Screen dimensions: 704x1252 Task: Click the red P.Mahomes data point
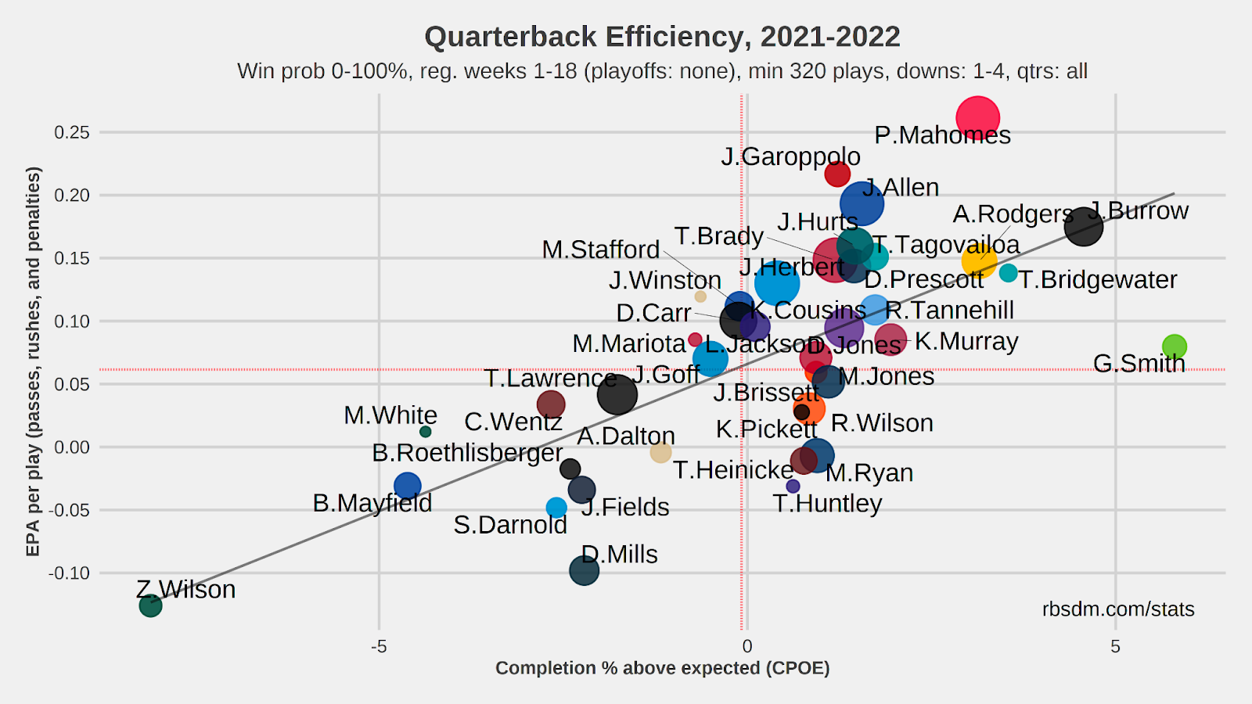[x=977, y=118]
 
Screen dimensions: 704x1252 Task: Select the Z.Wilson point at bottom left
[x=150, y=605]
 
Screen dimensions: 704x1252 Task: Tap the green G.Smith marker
[x=1174, y=346]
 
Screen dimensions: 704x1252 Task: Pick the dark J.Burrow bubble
[x=1084, y=227]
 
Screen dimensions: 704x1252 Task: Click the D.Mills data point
[x=584, y=569]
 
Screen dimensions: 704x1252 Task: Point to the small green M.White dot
[x=426, y=432]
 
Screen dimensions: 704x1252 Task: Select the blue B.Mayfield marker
[x=407, y=486]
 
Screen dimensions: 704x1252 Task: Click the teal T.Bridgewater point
[x=1008, y=273]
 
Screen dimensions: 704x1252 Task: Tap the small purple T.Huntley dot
[x=793, y=486]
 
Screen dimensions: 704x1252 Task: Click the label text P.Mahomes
[x=942, y=135]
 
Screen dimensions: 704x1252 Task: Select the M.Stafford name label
[x=600, y=250]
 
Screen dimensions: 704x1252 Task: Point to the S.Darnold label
[x=510, y=525]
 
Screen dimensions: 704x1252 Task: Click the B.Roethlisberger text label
[x=467, y=453]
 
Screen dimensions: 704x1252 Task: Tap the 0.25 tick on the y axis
[x=71, y=132]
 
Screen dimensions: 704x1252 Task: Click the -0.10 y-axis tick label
[x=69, y=573]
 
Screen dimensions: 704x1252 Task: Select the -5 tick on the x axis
[x=379, y=646]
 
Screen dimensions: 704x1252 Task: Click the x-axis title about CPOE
[x=662, y=668]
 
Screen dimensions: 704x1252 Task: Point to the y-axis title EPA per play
[x=33, y=361]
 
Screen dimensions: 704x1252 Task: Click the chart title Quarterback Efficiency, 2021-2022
[x=662, y=37]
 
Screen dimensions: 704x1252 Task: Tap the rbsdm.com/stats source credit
[x=1117, y=609]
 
